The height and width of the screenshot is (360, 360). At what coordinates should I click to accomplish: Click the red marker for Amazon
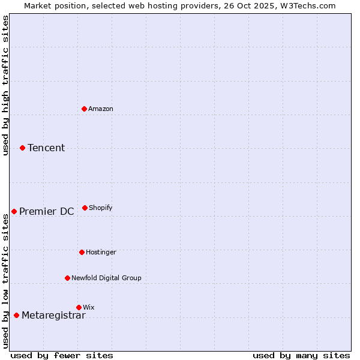[84, 109]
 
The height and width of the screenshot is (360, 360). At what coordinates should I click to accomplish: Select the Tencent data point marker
[22, 148]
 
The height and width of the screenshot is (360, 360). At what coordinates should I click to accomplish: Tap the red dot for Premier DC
[14, 211]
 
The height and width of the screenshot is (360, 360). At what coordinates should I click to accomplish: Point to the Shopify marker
[85, 208]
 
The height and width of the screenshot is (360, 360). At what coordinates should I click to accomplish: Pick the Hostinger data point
[82, 252]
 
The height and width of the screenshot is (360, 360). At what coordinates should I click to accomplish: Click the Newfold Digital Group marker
[67, 278]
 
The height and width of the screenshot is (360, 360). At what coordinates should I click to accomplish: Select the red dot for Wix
[79, 307]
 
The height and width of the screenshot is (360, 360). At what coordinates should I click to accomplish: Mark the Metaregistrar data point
[16, 315]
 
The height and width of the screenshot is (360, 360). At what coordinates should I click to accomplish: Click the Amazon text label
[101, 109]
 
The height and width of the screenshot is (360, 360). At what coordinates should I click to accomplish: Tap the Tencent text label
[46, 148]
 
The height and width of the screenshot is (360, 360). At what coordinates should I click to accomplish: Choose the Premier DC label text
[46, 211]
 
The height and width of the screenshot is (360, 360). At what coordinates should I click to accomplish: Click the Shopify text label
[101, 208]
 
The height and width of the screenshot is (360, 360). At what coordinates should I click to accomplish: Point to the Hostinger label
[101, 253]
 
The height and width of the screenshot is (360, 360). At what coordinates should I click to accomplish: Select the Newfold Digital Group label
[106, 278]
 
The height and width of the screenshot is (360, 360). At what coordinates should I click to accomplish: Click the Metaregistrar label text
[53, 316]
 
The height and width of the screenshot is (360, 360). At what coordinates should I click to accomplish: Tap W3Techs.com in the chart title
[306, 6]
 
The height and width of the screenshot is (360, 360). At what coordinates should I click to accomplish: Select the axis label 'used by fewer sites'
[62, 355]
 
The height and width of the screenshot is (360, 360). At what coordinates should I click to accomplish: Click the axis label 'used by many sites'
[301, 355]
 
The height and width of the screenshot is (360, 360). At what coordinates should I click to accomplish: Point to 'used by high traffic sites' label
[5, 85]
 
